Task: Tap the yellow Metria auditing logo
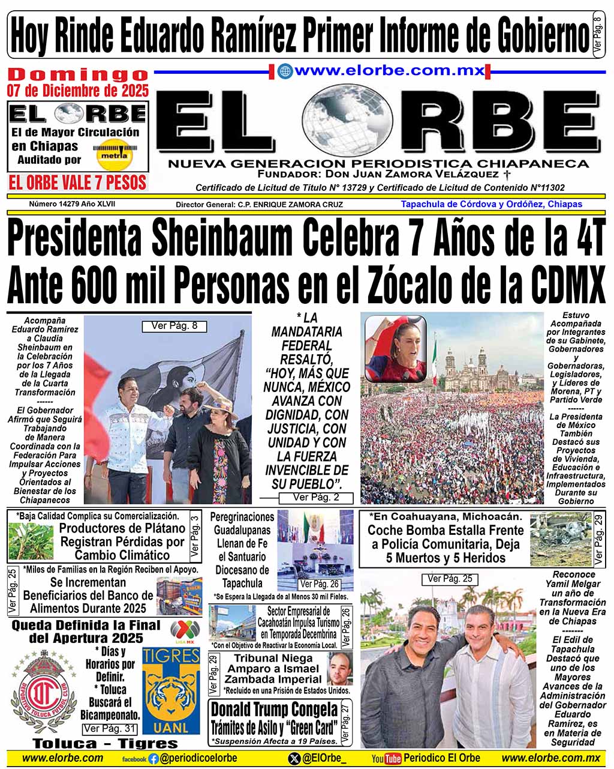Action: [115, 154]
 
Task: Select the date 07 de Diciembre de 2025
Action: [77, 91]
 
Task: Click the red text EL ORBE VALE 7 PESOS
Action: [77, 182]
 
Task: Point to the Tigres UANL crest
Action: [170, 691]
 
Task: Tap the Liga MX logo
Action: [185, 631]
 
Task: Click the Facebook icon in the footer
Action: [153, 759]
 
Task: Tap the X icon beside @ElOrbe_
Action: [294, 759]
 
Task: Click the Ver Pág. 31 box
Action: [110, 729]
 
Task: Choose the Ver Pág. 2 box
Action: [316, 498]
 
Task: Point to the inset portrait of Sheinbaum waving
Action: [396, 349]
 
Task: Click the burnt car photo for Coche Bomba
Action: [560, 538]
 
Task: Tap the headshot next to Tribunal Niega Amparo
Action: [339, 669]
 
